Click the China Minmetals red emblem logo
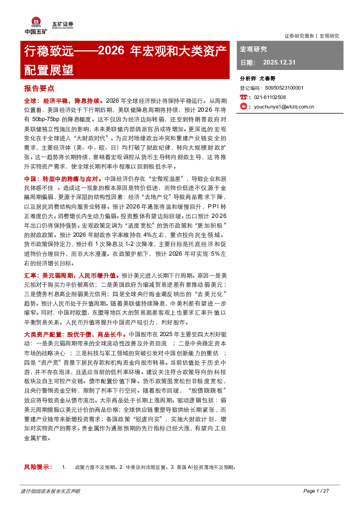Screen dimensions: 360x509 36,22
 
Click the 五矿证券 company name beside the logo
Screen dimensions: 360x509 63,24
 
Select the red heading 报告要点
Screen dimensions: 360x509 39,88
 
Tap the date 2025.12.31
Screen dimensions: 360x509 279,62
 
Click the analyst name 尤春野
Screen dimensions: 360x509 267,79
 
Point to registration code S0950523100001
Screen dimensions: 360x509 284,88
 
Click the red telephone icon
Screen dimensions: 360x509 243,97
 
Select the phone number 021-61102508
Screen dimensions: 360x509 270,97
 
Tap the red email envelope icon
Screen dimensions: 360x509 243,106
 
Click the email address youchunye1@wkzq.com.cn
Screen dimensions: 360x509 284,107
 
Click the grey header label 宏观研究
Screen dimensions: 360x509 253,49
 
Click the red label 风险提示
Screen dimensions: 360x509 38,467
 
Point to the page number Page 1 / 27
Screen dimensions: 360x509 316,491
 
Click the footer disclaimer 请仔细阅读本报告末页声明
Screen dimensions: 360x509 50,491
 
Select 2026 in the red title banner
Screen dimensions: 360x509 111,50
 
